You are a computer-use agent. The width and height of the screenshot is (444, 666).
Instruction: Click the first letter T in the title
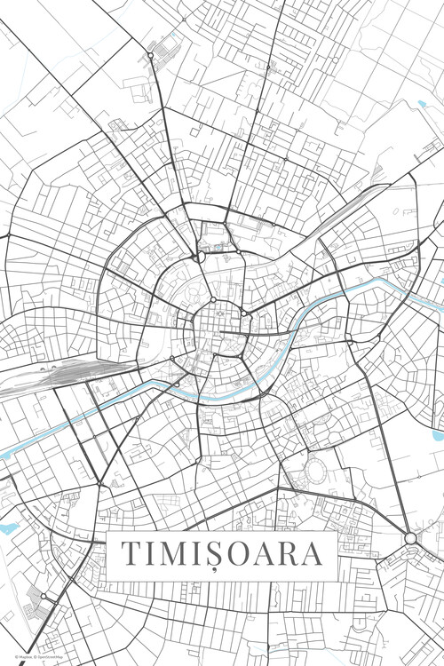pyautogui.click(x=131, y=553)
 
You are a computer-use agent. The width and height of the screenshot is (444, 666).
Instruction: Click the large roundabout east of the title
pyautogui.click(x=410, y=538)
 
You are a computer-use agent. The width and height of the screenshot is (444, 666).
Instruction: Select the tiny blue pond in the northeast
pyautogui.click(x=423, y=104)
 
